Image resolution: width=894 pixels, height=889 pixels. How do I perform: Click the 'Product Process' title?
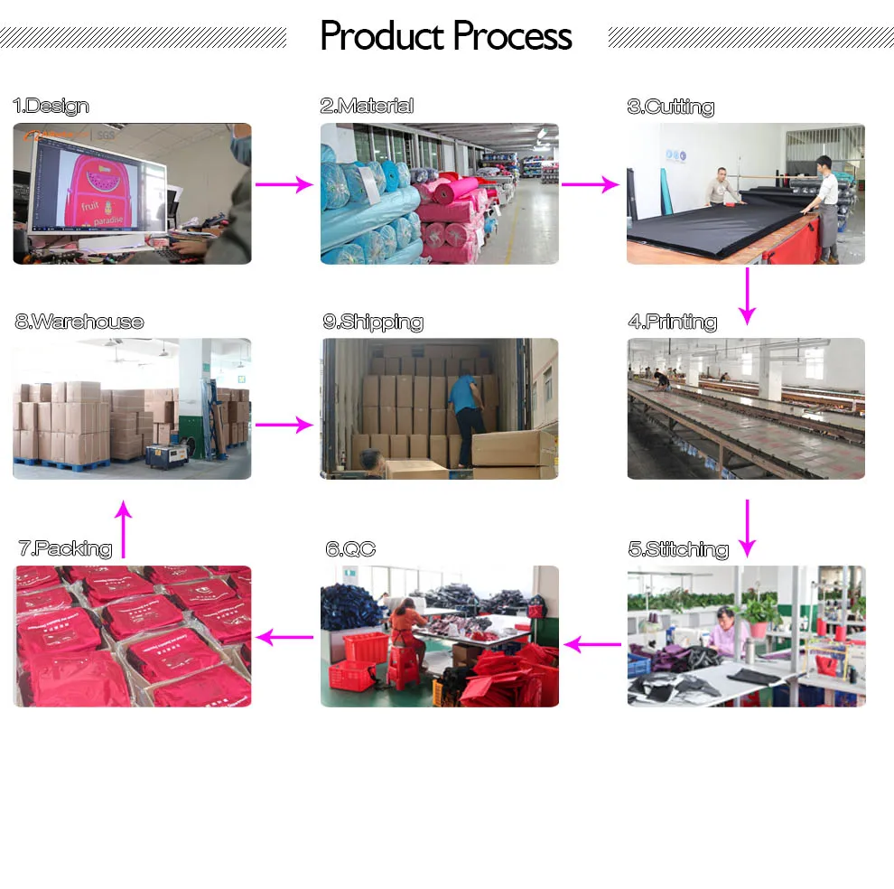(446, 36)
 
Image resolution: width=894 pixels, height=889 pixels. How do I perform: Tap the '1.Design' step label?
(51, 106)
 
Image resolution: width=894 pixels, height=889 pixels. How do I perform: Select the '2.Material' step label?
(367, 106)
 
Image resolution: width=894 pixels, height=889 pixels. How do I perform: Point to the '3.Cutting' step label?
(670, 107)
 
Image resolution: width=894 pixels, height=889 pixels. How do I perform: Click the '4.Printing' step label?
(672, 322)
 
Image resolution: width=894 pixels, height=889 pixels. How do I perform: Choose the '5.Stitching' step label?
(677, 549)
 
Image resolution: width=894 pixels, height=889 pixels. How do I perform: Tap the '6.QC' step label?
(350, 549)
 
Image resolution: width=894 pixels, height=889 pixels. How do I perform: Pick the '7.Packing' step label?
(65, 548)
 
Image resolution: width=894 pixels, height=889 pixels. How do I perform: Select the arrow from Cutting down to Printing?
(746, 295)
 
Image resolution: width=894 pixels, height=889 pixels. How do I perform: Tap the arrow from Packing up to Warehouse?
(125, 530)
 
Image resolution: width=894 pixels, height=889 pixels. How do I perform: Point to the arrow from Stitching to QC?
(592, 644)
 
